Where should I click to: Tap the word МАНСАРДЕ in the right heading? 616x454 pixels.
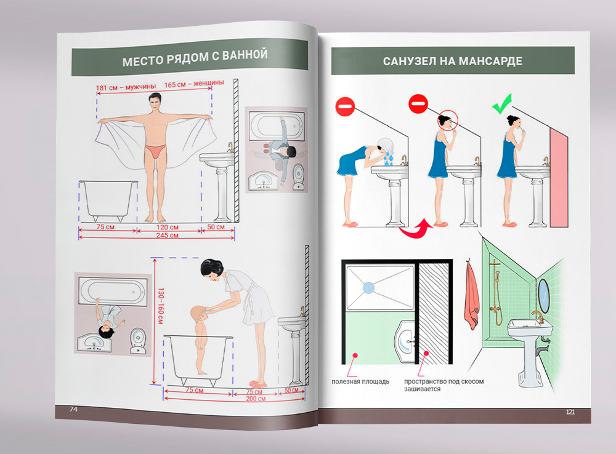click(x=490, y=61)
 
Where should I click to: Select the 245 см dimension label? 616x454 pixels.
click(x=168, y=236)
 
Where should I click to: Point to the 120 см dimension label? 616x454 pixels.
click(x=168, y=227)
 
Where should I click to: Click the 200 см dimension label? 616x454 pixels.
click(x=256, y=399)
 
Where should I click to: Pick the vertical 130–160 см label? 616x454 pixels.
click(x=160, y=306)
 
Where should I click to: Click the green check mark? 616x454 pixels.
click(x=503, y=104)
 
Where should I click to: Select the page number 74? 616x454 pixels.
click(x=73, y=409)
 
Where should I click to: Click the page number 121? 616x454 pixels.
click(x=570, y=412)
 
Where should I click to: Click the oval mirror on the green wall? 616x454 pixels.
click(x=543, y=295)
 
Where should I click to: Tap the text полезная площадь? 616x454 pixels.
click(x=360, y=381)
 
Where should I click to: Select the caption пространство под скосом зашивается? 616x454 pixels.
click(x=444, y=385)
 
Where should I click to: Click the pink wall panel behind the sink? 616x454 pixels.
click(x=559, y=177)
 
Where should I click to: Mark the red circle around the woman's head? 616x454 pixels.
click(x=448, y=120)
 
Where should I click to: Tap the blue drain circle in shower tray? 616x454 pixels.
click(x=368, y=288)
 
